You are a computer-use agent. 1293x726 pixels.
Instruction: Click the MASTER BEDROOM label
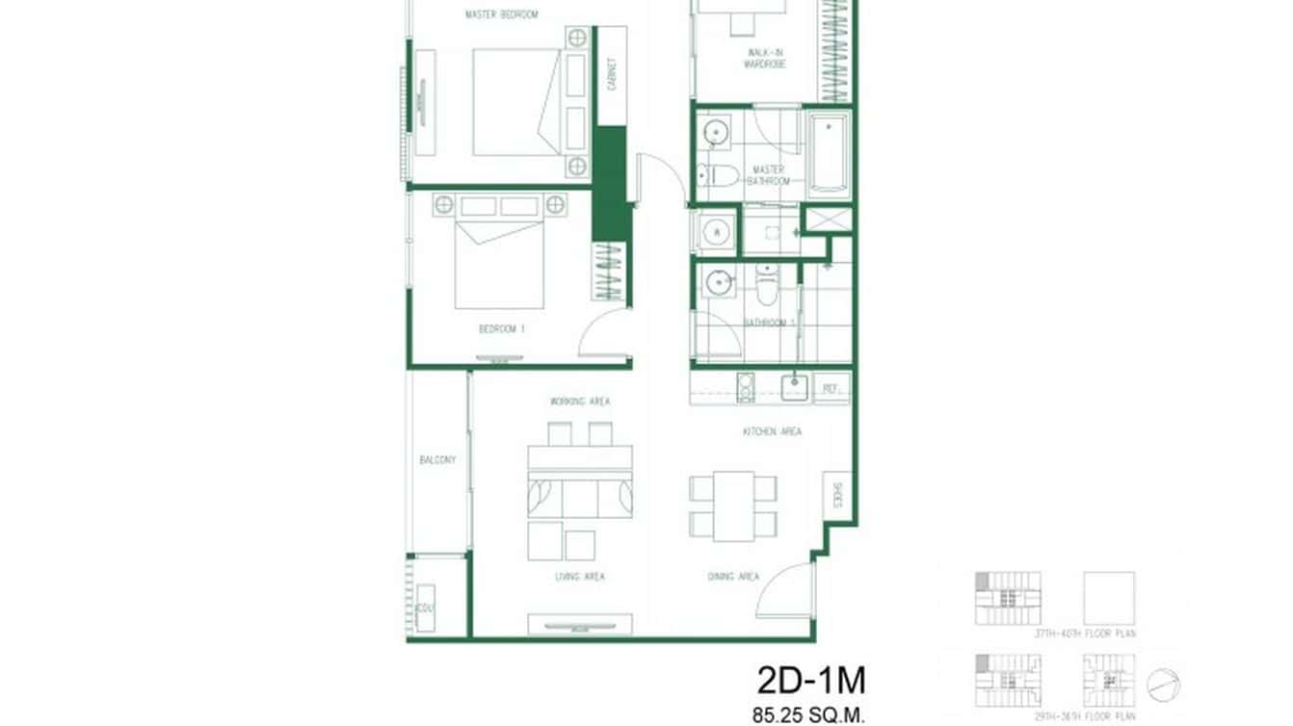501,14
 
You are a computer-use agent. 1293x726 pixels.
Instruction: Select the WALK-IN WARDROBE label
765,58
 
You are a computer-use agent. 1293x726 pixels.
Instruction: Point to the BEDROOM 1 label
502,329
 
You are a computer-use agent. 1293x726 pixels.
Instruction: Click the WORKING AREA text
580,402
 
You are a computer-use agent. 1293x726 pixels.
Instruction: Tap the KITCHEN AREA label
772,432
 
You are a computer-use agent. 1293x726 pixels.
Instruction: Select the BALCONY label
437,460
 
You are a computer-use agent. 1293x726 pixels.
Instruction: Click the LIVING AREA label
580,577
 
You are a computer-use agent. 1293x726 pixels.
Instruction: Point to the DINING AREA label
734,577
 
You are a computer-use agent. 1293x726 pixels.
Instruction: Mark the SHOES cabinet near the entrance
836,496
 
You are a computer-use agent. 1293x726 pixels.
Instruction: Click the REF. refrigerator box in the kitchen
831,388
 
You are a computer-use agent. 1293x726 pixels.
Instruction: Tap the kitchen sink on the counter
793,387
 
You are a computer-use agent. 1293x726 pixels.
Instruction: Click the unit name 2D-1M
811,681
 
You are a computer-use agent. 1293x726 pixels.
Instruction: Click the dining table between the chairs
733,506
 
